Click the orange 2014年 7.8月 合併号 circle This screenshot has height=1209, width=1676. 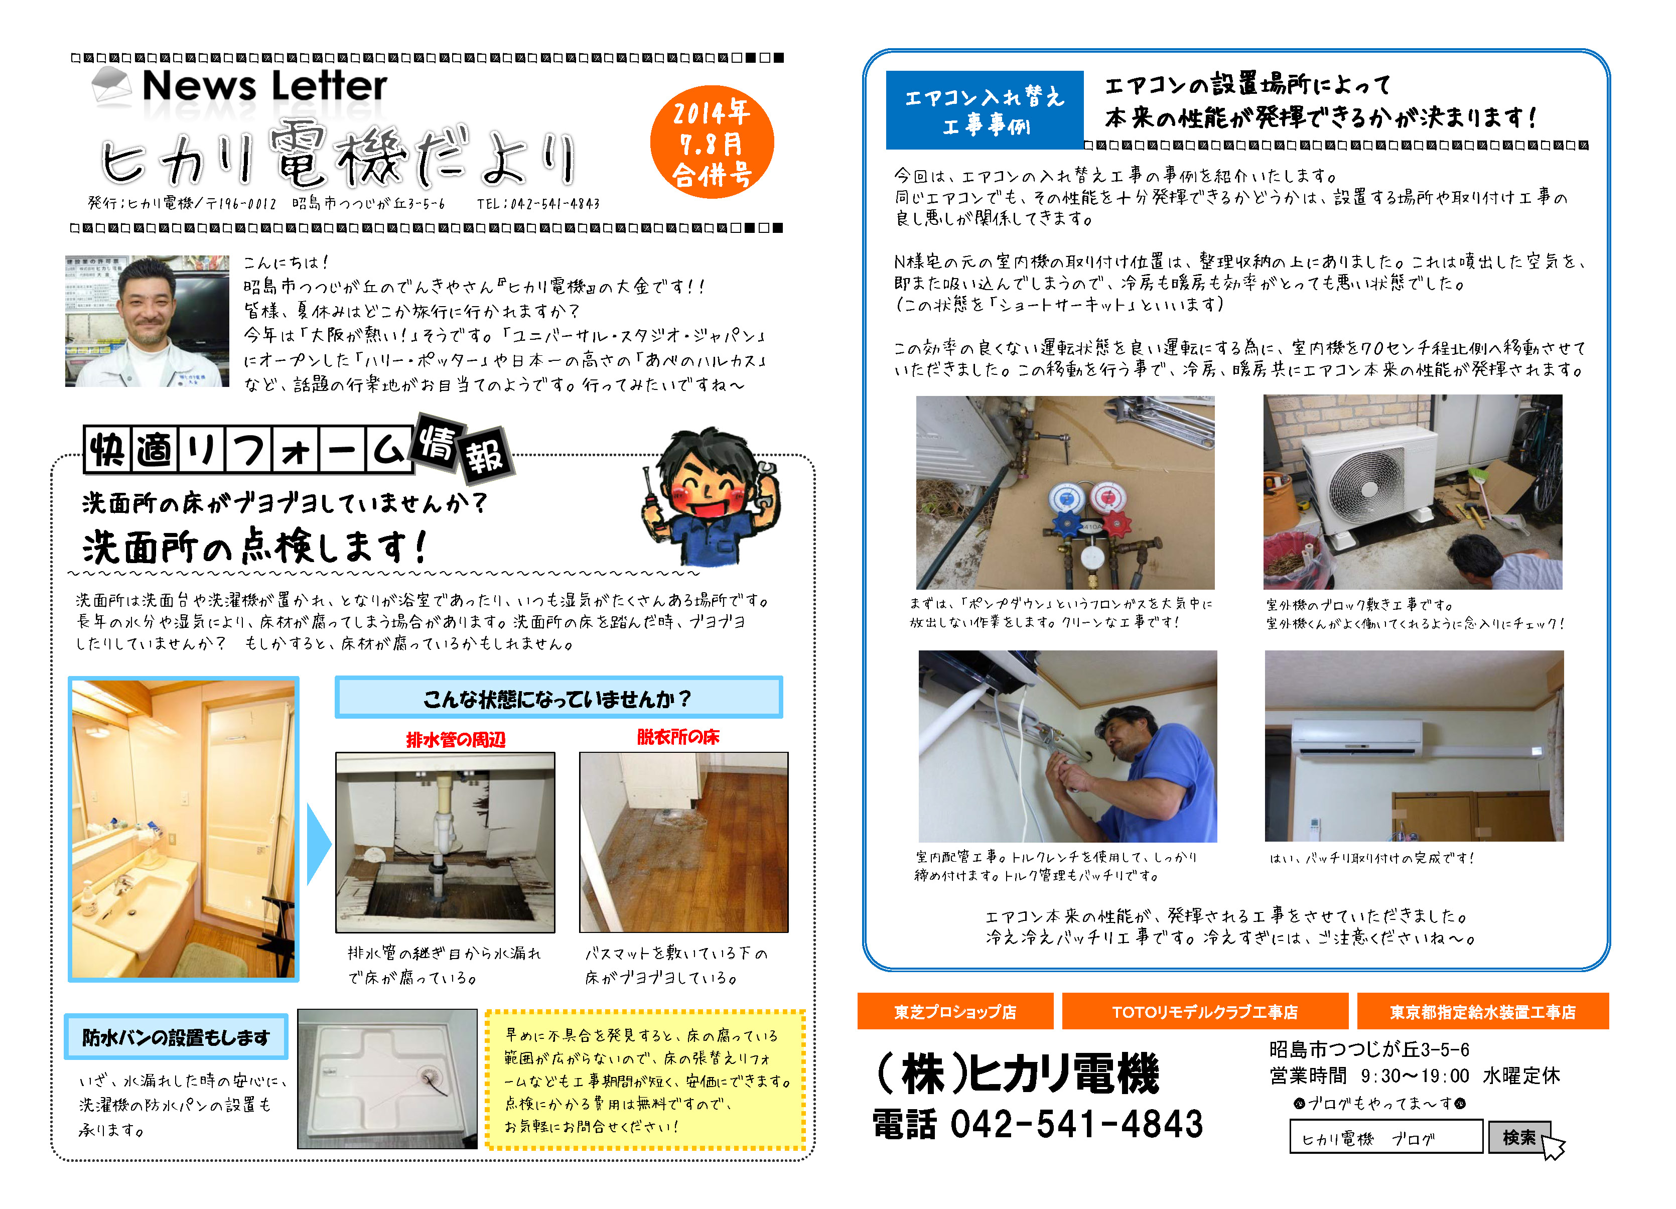pyautogui.click(x=712, y=142)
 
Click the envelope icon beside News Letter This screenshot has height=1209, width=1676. pyautogui.click(x=111, y=85)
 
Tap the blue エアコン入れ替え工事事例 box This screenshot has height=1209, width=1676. pyautogui.click(x=985, y=109)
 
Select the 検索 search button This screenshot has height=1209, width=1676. pyautogui.click(x=1518, y=1137)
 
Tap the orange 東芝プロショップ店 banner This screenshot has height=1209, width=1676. pyautogui.click(x=955, y=1011)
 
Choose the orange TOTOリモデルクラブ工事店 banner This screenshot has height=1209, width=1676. pyautogui.click(x=1204, y=1011)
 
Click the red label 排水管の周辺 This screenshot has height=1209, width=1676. pyautogui.click(x=456, y=739)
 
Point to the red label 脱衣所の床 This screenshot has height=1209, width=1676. pyautogui.click(x=677, y=737)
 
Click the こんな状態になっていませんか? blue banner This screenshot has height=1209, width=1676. pyautogui.click(x=558, y=697)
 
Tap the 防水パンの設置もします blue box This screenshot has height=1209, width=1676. pyautogui.click(x=176, y=1037)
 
